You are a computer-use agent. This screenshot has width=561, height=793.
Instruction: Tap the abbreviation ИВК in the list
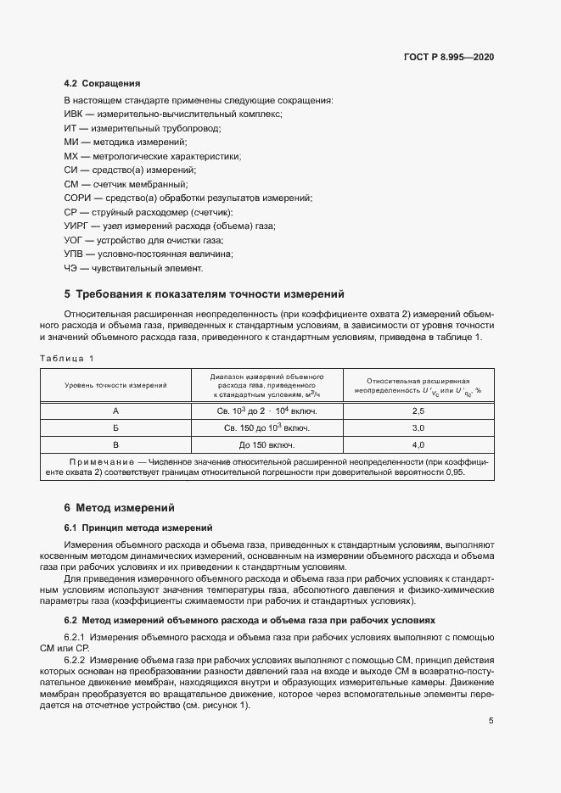point(75,114)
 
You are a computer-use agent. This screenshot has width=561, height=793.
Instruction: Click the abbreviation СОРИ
point(78,198)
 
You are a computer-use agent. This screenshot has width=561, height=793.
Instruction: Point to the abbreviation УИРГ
point(78,226)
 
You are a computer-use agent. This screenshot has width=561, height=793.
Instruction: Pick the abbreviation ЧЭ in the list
point(71,268)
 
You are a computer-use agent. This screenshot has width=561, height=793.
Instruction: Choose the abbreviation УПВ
point(75,254)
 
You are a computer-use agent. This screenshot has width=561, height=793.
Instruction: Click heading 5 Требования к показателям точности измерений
point(204,294)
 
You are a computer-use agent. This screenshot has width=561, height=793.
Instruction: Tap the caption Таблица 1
point(67,358)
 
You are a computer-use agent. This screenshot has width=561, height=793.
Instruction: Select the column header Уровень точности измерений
point(115,385)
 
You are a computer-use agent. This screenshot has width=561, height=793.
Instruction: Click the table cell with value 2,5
point(418,410)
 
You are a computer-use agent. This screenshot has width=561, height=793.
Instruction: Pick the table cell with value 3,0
point(418,427)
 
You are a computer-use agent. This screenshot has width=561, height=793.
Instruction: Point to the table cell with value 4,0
point(418,444)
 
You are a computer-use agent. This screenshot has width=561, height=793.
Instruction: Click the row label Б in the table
point(115,427)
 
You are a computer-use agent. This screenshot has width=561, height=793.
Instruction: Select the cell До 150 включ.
point(266,444)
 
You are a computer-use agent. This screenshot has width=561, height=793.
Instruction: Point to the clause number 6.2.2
point(76,659)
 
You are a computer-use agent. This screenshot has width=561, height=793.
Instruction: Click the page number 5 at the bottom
point(491,722)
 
